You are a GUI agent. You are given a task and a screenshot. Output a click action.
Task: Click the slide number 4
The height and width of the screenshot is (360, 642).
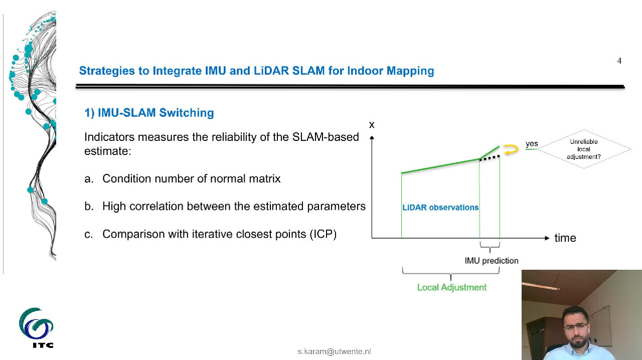pyautogui.click(x=619, y=61)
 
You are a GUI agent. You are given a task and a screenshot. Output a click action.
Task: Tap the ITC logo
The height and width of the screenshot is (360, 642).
pyautogui.click(x=36, y=327)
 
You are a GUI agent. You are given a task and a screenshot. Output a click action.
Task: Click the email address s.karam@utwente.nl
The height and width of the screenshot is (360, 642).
pyautogui.click(x=334, y=351)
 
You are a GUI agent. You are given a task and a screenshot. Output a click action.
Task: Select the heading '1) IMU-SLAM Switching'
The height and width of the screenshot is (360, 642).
pyautogui.click(x=149, y=113)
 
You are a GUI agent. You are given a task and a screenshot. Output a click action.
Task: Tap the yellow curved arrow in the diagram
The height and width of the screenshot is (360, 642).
pyautogui.click(x=511, y=149)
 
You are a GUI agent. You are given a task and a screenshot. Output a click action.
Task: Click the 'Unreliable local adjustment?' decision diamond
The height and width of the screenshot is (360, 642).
pyautogui.click(x=583, y=149)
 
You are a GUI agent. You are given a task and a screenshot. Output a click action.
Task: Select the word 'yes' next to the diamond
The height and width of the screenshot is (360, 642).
pyautogui.click(x=532, y=144)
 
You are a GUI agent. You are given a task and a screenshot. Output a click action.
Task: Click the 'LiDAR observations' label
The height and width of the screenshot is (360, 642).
pyautogui.click(x=440, y=207)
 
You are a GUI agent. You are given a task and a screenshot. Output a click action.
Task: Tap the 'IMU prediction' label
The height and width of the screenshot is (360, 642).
pyautogui.click(x=492, y=261)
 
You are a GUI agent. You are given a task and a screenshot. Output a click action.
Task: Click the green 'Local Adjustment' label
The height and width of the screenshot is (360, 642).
pyautogui.click(x=452, y=287)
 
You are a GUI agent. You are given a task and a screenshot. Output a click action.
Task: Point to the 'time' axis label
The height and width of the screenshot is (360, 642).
pyautogui.click(x=565, y=238)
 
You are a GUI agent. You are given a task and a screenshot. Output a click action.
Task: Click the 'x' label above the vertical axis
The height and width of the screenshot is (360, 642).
pyautogui.click(x=372, y=125)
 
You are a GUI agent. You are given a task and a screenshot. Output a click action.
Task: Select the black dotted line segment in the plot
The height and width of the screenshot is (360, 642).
pyautogui.click(x=490, y=158)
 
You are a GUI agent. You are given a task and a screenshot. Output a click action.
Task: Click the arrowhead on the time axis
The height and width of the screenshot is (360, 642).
pyautogui.click(x=547, y=238)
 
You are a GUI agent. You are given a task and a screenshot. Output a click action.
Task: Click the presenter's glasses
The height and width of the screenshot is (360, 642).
pyautogui.click(x=575, y=326)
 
